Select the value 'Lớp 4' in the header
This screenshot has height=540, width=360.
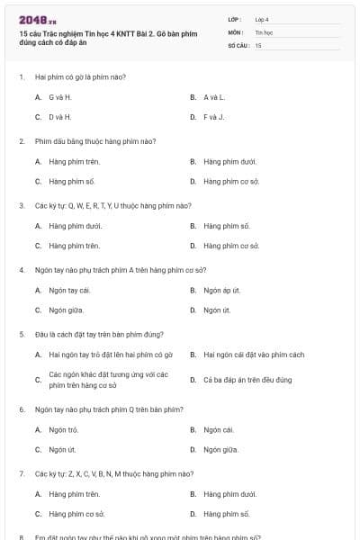point(262,19)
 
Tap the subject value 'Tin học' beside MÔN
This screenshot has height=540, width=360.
point(263,31)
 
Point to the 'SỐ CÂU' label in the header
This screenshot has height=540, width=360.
point(237,44)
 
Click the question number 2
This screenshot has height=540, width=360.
point(22,141)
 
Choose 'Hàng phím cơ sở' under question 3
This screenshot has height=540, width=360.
point(231,245)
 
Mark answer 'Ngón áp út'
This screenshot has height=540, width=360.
point(222,290)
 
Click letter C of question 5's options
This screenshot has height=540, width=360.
point(38,380)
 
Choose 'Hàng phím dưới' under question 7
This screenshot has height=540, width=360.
point(230,493)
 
